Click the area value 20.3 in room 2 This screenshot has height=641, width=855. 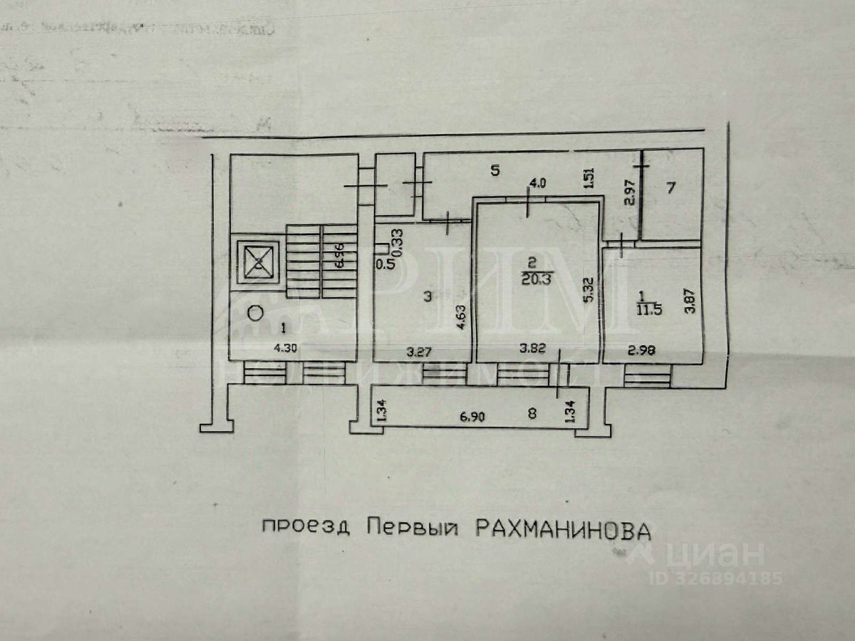pyautogui.click(x=536, y=278)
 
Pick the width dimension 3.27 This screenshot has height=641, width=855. pyautogui.click(x=419, y=350)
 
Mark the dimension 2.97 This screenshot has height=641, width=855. pyautogui.click(x=629, y=192)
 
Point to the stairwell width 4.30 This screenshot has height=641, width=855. pyautogui.click(x=285, y=350)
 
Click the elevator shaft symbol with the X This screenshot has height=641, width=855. pyautogui.click(x=258, y=262)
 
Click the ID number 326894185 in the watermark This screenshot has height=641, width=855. pyautogui.click(x=725, y=578)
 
